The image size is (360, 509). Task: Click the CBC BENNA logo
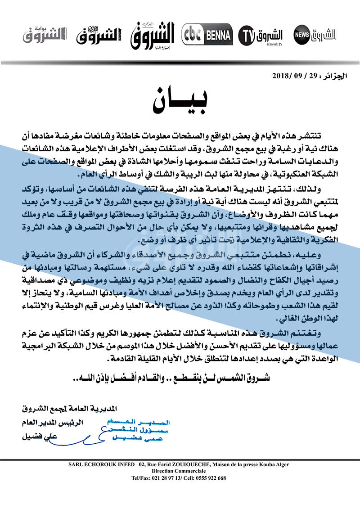coord(207,35)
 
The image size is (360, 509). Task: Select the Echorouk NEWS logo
coord(315,34)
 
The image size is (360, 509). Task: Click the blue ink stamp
coord(135,429)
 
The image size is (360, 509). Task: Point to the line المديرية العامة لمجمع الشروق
coord(69,409)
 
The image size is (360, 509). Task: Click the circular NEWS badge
coord(301,35)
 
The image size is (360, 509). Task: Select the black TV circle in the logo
coord(247,35)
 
